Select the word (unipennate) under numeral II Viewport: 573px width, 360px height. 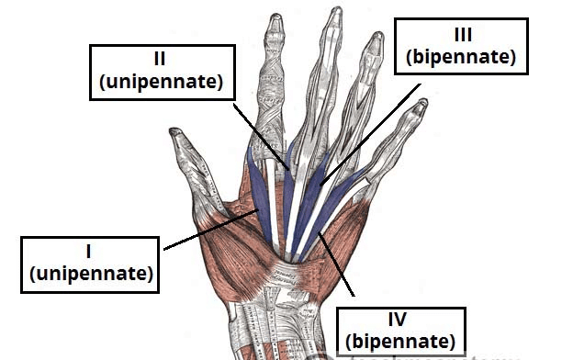[x=161, y=83]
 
